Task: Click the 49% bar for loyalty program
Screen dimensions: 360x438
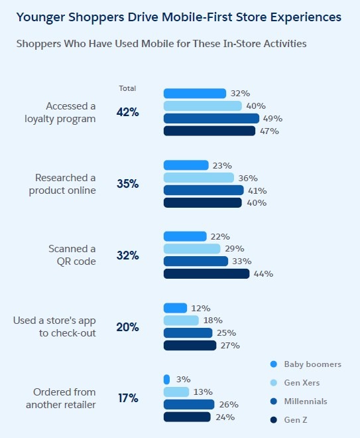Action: [211, 118]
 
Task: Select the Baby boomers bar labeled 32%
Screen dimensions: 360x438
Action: [195, 94]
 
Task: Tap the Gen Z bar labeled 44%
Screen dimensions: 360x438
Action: [206, 273]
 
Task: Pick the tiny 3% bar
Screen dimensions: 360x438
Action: [166, 380]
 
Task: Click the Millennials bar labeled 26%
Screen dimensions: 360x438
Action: [189, 404]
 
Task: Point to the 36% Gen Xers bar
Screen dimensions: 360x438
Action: [199, 178]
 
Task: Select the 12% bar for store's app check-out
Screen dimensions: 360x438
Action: [175, 308]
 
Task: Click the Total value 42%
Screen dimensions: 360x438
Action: [127, 112]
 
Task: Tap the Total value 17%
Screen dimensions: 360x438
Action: [128, 398]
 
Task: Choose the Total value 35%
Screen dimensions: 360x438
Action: [127, 184]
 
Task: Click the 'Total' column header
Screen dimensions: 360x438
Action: [127, 88]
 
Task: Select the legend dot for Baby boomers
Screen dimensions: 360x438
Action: [274, 364]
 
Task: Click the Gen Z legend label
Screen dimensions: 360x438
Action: [296, 420]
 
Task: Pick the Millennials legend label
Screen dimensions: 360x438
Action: [306, 402]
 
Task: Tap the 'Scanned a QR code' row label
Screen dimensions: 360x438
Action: [72, 255]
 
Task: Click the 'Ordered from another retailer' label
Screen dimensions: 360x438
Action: [61, 398]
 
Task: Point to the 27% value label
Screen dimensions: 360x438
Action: [230, 346]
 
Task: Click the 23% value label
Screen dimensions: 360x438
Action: [222, 166]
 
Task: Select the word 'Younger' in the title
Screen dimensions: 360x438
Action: [40, 18]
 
